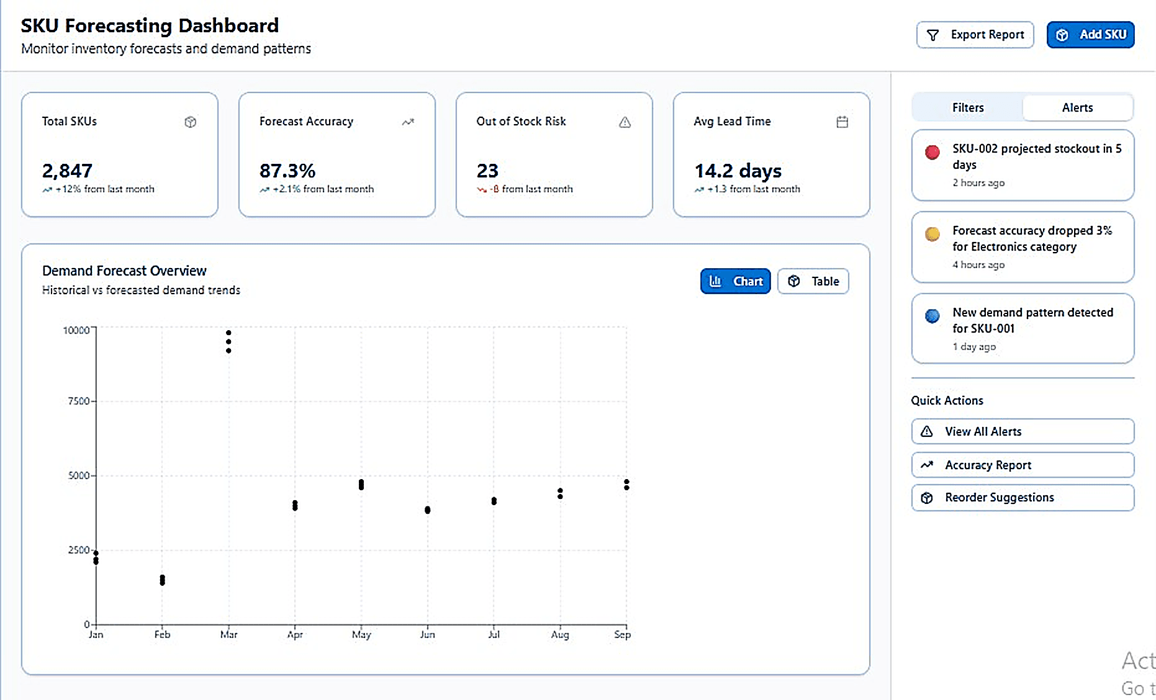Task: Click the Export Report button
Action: pos(975,35)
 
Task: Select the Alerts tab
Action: pos(1077,107)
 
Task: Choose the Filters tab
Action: pos(967,107)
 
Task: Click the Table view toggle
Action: pos(813,281)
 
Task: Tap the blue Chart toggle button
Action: pos(735,281)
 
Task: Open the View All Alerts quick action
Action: pos(1022,431)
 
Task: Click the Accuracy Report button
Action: pos(1022,465)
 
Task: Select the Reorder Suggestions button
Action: pos(1022,498)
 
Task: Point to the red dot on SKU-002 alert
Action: pos(932,152)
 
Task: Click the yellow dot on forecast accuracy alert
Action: pos(932,234)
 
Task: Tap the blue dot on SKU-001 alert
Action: pos(932,316)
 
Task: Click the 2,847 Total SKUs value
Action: pos(67,171)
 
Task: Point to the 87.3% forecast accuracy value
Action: pos(287,171)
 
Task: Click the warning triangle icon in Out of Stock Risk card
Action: pos(625,122)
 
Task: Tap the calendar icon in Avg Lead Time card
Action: pos(842,122)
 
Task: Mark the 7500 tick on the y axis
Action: pos(79,402)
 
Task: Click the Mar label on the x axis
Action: pos(228,634)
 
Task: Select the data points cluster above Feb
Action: pos(162,580)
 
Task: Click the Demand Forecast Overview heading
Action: pos(124,271)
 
